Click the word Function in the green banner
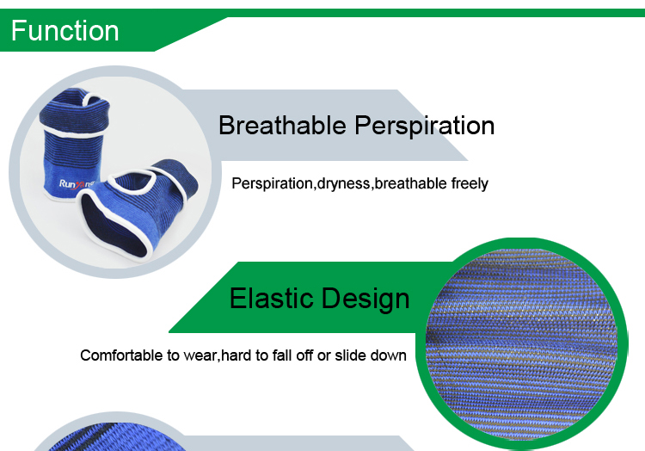click(x=65, y=31)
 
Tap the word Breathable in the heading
click(x=282, y=125)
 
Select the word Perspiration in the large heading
click(x=425, y=127)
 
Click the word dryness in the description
click(x=343, y=184)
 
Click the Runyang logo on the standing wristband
click(x=77, y=184)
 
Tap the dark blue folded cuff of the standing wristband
click(x=75, y=110)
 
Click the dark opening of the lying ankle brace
click(x=114, y=226)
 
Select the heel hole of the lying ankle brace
click(x=132, y=180)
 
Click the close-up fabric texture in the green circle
click(x=521, y=344)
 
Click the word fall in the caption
click(x=282, y=355)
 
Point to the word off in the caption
click(x=304, y=355)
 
